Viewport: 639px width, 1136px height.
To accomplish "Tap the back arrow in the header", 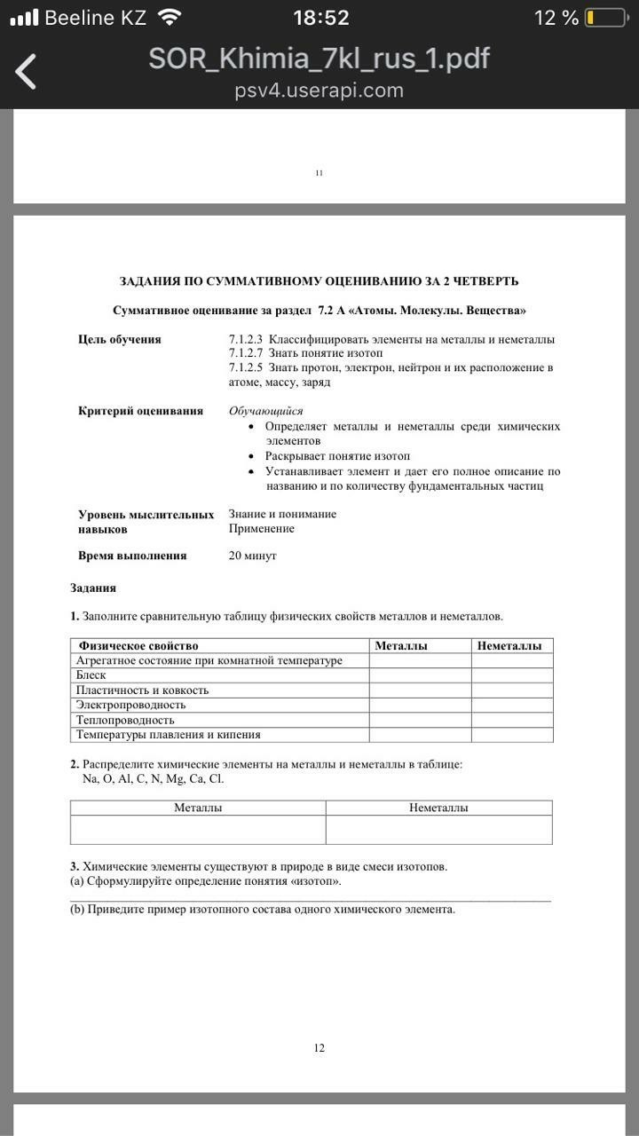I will coord(27,71).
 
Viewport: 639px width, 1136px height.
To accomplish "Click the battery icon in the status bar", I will coord(606,18).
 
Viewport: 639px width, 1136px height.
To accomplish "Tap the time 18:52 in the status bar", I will coord(320,18).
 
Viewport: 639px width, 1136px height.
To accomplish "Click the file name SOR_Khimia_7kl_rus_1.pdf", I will coord(319,59).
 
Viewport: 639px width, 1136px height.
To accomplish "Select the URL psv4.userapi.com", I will coord(319,91).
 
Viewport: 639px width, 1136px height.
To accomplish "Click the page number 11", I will coord(319,173).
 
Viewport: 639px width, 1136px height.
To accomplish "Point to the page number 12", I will coord(319,1048).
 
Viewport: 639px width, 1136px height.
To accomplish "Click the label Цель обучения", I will coord(120,339).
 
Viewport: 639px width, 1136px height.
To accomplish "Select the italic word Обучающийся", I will coord(266,411).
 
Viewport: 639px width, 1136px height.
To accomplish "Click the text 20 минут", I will coord(253,556).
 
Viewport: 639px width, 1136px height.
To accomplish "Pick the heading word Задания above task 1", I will coord(93,588).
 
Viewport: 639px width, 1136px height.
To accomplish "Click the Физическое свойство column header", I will coord(138,646).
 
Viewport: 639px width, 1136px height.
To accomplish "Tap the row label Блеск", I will coord(91,675).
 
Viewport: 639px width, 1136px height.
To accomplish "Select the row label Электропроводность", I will coord(130,705).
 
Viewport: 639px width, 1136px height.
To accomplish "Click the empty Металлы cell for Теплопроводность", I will coord(420,720).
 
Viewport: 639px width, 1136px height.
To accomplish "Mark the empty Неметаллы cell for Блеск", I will coord(512,675).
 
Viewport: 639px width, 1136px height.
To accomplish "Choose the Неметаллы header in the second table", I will coord(438,808).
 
